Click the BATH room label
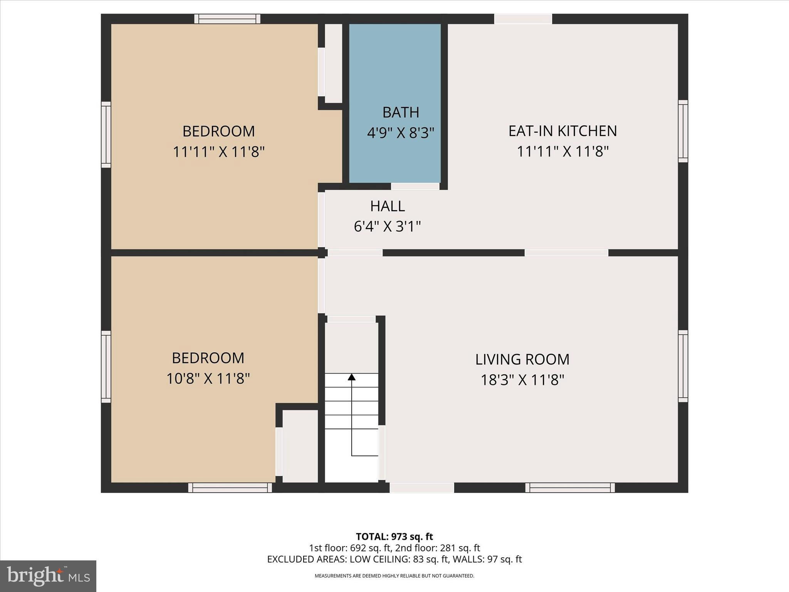tap(400, 112)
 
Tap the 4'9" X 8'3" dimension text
tap(400, 133)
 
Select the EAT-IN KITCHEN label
tap(562, 131)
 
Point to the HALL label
tap(387, 206)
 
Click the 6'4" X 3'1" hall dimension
tap(387, 226)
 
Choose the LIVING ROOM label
tap(522, 360)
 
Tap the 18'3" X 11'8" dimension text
tap(522, 380)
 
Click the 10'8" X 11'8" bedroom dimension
tap(208, 378)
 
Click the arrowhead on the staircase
tap(351, 377)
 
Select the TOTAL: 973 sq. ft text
tap(394, 536)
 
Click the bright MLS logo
tap(48, 576)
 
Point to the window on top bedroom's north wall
tap(227, 19)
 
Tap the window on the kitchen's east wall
tap(683, 131)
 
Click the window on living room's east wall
tap(683, 366)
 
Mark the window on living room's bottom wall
tap(570, 488)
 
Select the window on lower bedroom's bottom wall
tap(230, 488)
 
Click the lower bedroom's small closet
tap(300, 446)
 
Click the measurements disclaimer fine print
tap(394, 576)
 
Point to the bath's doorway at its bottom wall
tap(415, 187)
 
